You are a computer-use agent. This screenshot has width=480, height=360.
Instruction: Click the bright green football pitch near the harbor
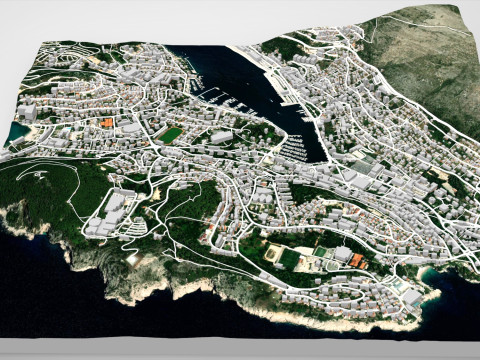click(x=171, y=133)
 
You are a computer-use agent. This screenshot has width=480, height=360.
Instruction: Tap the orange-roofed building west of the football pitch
click(x=105, y=123)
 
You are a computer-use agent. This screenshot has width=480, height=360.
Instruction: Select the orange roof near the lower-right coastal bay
click(x=357, y=261)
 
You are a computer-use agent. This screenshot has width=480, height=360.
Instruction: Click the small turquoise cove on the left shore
click(x=19, y=130)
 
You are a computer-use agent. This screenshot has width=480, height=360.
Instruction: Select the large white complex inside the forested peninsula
click(x=112, y=207)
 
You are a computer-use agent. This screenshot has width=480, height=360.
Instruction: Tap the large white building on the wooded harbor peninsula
click(x=222, y=137)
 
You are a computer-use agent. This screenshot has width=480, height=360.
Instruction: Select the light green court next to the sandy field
click(x=319, y=253)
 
